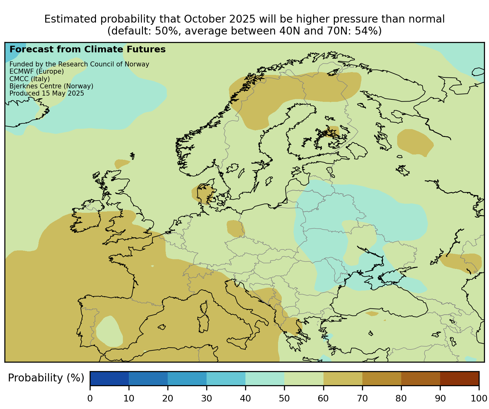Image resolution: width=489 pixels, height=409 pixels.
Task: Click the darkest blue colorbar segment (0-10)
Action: pyautogui.click(x=109, y=378)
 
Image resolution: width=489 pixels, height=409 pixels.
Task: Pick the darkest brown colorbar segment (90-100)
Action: pyautogui.click(x=460, y=378)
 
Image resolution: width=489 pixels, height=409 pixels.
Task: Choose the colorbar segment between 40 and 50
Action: pyautogui.click(x=265, y=378)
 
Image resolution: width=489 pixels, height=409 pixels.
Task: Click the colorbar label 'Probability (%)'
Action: pyautogui.click(x=46, y=378)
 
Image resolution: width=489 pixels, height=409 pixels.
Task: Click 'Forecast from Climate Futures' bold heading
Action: pyautogui.click(x=87, y=50)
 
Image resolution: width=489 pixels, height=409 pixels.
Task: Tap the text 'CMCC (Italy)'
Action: pyautogui.click(x=30, y=79)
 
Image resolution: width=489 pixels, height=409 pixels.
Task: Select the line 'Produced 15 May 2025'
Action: pyautogui.click(x=47, y=93)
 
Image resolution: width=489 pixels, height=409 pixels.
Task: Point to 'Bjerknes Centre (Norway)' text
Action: pyautogui.click(x=51, y=86)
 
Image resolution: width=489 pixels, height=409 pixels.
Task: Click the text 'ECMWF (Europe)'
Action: pyautogui.click(x=37, y=71)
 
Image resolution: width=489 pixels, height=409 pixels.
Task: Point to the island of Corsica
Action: pyautogui.click(x=204, y=307)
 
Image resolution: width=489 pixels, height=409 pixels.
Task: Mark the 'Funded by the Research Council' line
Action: pyautogui.click(x=79, y=64)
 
